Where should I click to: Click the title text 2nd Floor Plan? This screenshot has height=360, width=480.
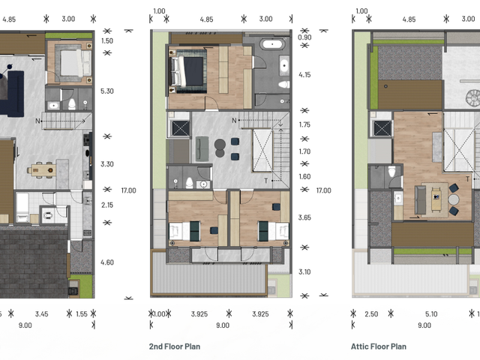point(175,346)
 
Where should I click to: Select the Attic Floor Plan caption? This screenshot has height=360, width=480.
point(379,346)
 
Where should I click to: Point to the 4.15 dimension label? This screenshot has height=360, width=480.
point(304,75)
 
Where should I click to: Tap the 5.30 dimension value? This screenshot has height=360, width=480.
point(106,91)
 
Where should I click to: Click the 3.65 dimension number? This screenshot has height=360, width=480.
point(304,217)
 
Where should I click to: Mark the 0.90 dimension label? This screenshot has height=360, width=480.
point(304,37)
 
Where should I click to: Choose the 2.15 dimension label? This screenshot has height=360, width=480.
point(107,205)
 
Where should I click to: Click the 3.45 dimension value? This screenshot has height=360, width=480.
point(42,314)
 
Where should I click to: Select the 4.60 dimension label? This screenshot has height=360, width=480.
point(107,262)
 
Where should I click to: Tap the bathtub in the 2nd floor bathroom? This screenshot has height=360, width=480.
point(272,44)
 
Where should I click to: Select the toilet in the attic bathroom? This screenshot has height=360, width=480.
point(391,171)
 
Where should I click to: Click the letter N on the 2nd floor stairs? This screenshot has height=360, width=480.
point(234,121)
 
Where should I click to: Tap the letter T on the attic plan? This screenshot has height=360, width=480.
point(467,179)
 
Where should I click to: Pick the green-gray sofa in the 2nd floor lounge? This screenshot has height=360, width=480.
point(202,148)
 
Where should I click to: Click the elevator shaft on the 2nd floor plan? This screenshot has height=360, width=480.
point(180,128)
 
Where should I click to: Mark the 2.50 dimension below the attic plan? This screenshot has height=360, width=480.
point(371,314)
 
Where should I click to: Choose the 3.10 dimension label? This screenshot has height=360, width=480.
point(304,271)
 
